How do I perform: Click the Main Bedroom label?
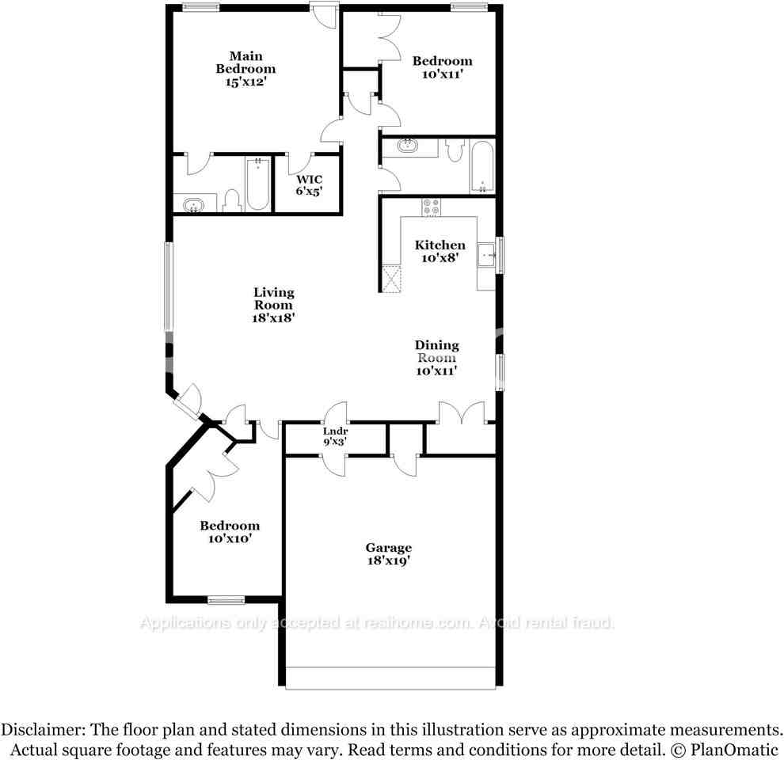pyautogui.click(x=245, y=63)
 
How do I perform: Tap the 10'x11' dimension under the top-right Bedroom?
pyautogui.click(x=442, y=74)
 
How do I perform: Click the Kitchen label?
pyautogui.click(x=440, y=245)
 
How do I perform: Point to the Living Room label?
pyautogui.click(x=273, y=298)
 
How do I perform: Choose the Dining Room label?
pyautogui.click(x=436, y=351)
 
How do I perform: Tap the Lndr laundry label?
pyautogui.click(x=336, y=431)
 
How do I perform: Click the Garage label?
pyautogui.click(x=388, y=548)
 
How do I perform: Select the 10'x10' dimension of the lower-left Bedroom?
pyautogui.click(x=230, y=539)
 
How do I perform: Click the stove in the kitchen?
pyautogui.click(x=432, y=207)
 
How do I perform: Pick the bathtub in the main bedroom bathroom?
pyautogui.click(x=257, y=184)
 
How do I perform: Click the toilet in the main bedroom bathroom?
pyautogui.click(x=232, y=201)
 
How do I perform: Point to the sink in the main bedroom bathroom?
pyautogui.click(x=194, y=206)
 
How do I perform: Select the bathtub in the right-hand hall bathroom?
pyautogui.click(x=481, y=166)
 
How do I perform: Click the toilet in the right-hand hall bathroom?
pyautogui.click(x=455, y=149)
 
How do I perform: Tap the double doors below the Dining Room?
pyautogui.click(x=461, y=412)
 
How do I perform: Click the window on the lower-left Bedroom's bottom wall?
pyautogui.click(x=226, y=600)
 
